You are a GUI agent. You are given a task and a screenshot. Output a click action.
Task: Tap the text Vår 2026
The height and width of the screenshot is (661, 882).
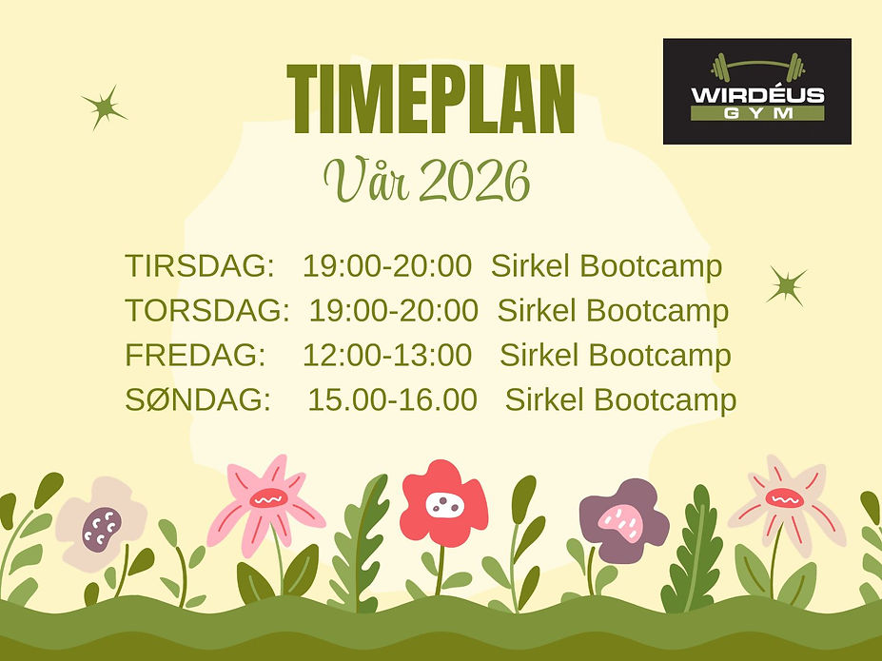[425, 181]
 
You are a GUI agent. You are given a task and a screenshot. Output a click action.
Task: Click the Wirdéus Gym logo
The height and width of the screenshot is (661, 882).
[756, 91]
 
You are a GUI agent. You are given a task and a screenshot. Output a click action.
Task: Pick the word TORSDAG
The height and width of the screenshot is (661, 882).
[206, 310]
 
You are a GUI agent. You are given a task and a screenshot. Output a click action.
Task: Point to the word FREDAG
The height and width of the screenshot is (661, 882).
[195, 355]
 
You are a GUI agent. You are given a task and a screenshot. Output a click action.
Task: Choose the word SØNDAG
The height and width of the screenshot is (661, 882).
[198, 399]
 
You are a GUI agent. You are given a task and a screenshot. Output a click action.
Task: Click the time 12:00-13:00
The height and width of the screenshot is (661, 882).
[387, 355]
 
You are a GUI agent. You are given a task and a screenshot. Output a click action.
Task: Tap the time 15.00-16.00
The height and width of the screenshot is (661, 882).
[392, 399]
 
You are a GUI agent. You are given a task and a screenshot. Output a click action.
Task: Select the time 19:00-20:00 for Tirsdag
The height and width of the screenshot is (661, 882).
[387, 266]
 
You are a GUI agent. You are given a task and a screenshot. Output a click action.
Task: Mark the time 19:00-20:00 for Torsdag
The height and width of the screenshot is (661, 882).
[393, 310]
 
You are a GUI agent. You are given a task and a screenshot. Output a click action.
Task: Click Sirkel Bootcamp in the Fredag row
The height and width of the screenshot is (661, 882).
[616, 355]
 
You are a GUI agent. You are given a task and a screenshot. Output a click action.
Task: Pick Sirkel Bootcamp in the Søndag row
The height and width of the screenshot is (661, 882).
[620, 399]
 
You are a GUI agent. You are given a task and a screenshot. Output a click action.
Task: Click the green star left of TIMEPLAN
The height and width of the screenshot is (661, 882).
[104, 107]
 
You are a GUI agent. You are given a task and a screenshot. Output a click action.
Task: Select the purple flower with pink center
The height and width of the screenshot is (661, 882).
[623, 519]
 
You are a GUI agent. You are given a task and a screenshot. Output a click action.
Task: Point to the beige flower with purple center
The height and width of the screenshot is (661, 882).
[100, 524]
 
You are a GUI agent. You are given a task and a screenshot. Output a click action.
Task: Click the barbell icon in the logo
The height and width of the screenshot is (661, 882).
[757, 68]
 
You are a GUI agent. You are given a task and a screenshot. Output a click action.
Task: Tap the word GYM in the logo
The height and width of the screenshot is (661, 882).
[757, 113]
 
